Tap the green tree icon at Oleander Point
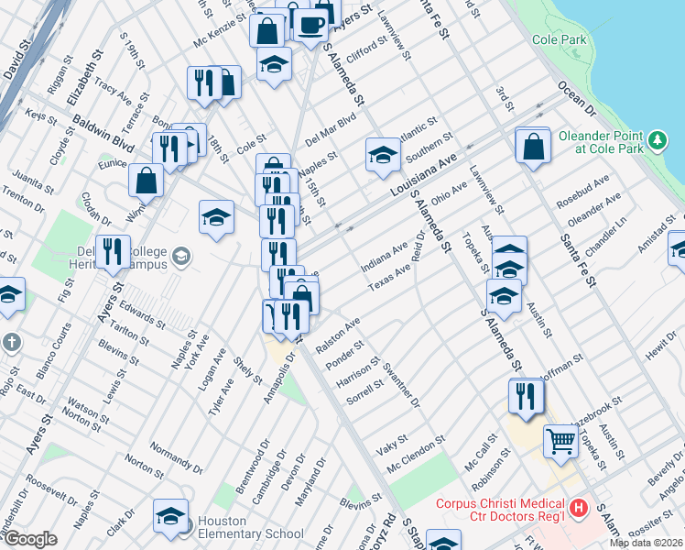(657, 140)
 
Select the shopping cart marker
(560, 441)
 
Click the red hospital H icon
(579, 507)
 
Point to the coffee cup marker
(312, 23)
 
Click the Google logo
(30, 539)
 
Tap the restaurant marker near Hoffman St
(526, 395)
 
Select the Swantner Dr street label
(402, 389)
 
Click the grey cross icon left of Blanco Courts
(11, 341)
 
